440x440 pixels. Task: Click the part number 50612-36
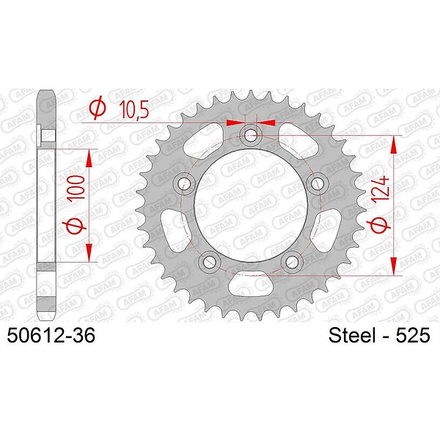point(51,335)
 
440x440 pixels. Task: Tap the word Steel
point(352,335)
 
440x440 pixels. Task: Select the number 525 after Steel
point(413,335)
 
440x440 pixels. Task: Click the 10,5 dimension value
point(134,109)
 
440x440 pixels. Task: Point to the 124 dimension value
point(380,188)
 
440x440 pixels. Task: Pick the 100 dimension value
point(76,188)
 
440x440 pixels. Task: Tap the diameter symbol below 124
point(380,225)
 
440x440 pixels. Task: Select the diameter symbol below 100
point(75,225)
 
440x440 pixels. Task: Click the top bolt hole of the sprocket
point(251,136)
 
